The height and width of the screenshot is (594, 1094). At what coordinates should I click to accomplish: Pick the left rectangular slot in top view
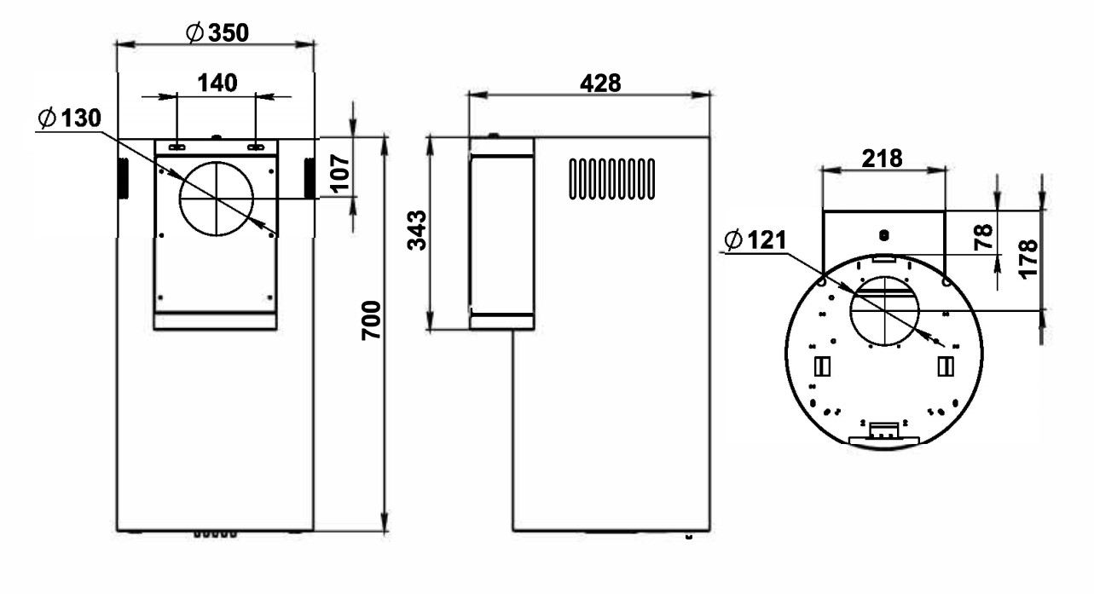pyautogui.click(x=822, y=366)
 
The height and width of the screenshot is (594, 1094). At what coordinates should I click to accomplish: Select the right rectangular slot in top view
pyautogui.click(x=944, y=366)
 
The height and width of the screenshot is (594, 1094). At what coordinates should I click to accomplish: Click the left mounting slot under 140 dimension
pyautogui.click(x=177, y=147)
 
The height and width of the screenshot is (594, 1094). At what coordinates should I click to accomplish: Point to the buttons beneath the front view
pyautogui.click(x=213, y=533)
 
